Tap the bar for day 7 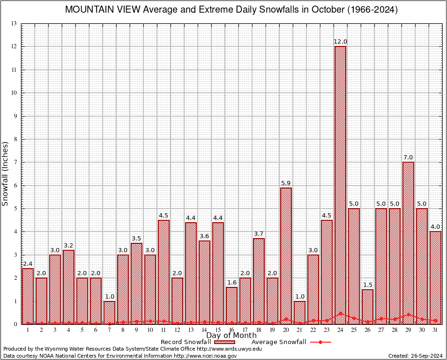pyautogui.click(x=109, y=312)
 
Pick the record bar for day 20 pyautogui.click(x=286, y=255)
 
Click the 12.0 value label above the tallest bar pyautogui.click(x=340, y=42)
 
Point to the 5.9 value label pyautogui.click(x=286, y=183)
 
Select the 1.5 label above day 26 pyautogui.click(x=367, y=285)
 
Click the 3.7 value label pyautogui.click(x=259, y=233)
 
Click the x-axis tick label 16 pyautogui.click(x=231, y=330)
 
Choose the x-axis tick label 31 pyautogui.click(x=435, y=330)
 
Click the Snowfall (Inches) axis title pyautogui.click(x=5, y=174)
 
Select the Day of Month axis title pyautogui.click(x=231, y=336)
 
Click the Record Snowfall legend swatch pyautogui.click(x=223, y=342)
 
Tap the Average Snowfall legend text pyautogui.click(x=279, y=342)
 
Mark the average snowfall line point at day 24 pyautogui.click(x=340, y=313)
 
